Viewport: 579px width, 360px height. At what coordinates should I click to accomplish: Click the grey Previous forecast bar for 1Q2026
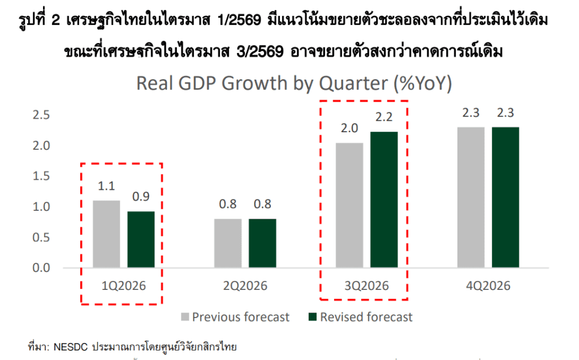pyautogui.click(x=106, y=234)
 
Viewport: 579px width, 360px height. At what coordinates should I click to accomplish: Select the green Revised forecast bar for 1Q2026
pyautogui.click(x=141, y=239)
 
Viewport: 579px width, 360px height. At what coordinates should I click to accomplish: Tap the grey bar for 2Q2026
pyautogui.click(x=228, y=243)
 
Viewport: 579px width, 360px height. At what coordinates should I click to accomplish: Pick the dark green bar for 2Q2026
pyautogui.click(x=262, y=243)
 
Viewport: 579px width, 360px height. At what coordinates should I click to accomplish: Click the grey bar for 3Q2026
pyautogui.click(x=349, y=205)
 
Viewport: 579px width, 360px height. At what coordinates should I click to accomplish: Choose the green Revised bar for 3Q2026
pyautogui.click(x=384, y=199)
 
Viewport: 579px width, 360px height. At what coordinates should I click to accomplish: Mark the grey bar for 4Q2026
pyautogui.click(x=471, y=197)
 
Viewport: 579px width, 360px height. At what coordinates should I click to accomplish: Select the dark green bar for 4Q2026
pyautogui.click(x=505, y=197)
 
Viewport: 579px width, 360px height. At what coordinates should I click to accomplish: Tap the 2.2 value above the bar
pyautogui.click(x=384, y=118)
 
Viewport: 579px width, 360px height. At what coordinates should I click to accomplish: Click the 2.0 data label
pyautogui.click(x=349, y=129)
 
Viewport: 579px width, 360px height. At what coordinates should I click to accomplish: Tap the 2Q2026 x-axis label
pyautogui.click(x=245, y=286)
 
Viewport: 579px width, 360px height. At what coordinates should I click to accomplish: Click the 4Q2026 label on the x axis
pyautogui.click(x=488, y=286)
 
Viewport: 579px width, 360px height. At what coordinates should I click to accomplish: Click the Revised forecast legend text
pyautogui.click(x=366, y=317)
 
